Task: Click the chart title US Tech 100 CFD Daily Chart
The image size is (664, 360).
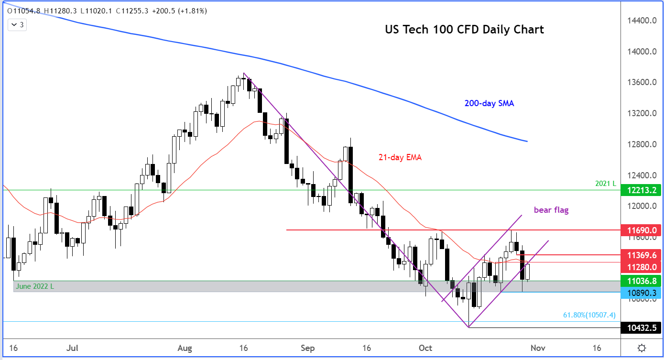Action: [x=464, y=30]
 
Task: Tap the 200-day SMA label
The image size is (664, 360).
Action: [x=489, y=103]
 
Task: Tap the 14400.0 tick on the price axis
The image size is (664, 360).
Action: [x=641, y=21]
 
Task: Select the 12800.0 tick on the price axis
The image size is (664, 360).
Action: [x=641, y=144]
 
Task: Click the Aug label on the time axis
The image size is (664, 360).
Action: [x=185, y=348]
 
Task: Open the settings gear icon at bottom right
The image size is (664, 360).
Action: [x=642, y=348]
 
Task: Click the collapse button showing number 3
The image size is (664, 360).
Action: [x=17, y=24]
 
